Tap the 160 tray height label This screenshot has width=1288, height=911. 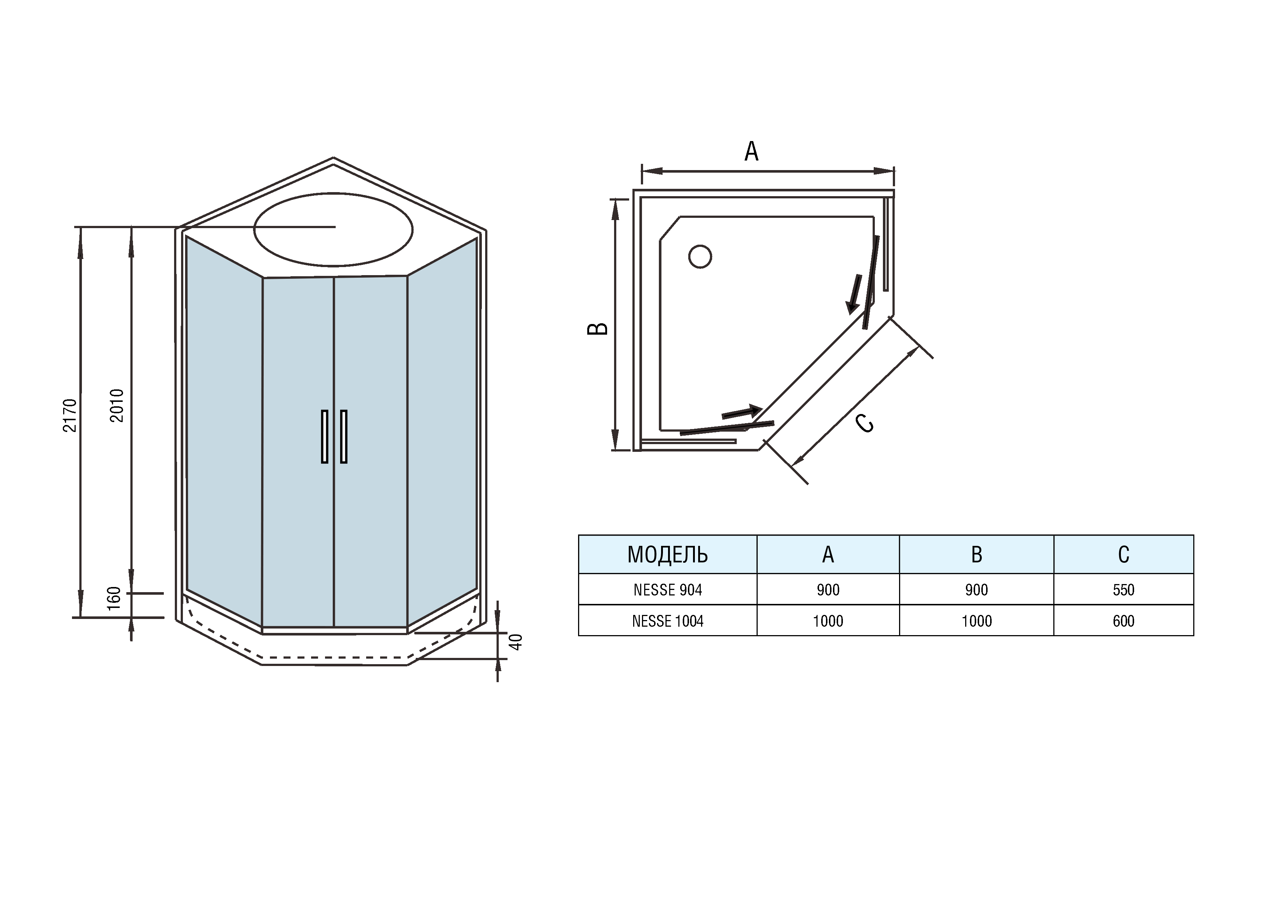114,598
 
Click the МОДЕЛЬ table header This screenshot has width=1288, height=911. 668,554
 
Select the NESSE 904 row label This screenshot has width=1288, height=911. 668,590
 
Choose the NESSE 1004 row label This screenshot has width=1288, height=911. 668,621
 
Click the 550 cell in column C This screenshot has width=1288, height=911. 1123,590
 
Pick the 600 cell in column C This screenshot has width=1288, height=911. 1123,621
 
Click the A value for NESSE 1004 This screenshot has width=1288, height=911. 828,621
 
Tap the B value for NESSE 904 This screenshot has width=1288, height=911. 977,590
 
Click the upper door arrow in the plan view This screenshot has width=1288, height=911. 854,294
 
